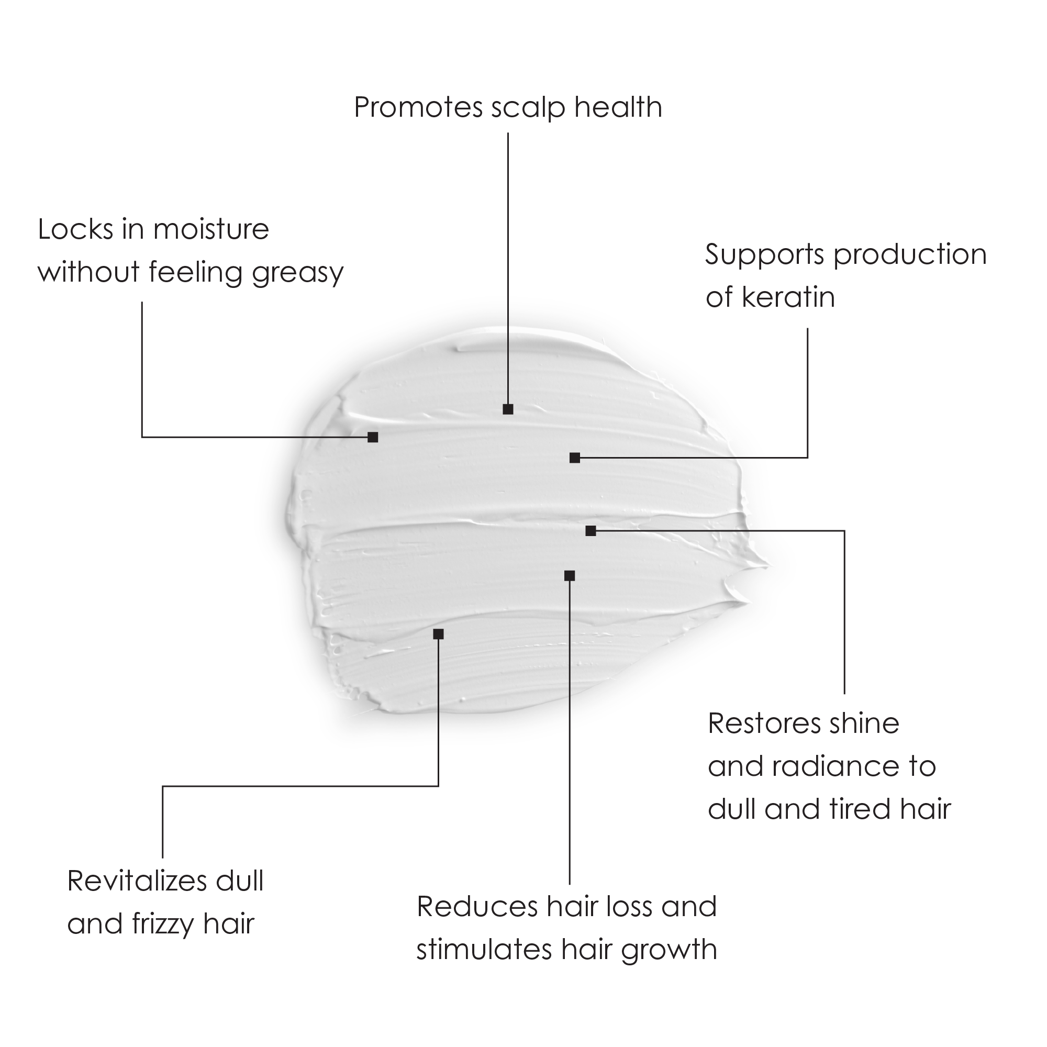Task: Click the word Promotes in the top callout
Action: [x=418, y=107]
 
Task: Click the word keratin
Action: [x=788, y=297]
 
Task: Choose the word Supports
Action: [x=764, y=255]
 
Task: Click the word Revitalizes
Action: [x=137, y=881]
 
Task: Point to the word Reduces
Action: [x=476, y=907]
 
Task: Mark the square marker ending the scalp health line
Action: [x=508, y=409]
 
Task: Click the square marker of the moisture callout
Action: [x=373, y=437]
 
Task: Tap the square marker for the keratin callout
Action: [x=575, y=458]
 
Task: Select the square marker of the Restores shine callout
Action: [x=591, y=531]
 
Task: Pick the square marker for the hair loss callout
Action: [x=570, y=575]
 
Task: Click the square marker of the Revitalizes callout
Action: [x=438, y=634]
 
